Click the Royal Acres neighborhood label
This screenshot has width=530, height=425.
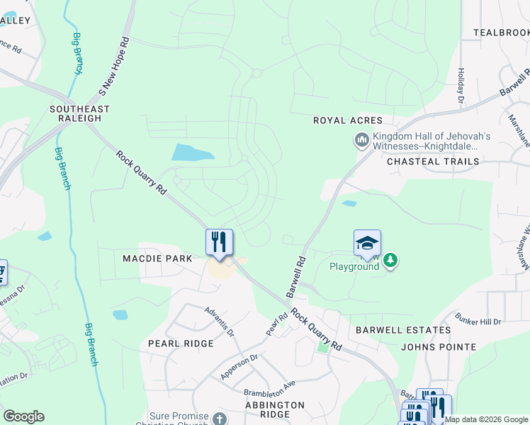pyautogui.click(x=348, y=120)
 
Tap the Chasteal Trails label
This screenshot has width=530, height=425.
pyautogui.click(x=433, y=161)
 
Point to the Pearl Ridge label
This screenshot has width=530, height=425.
pyautogui.click(x=181, y=344)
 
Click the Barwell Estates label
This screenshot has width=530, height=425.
pyautogui.click(x=403, y=330)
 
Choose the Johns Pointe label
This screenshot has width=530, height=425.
pyautogui.click(x=439, y=347)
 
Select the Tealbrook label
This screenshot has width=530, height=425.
pyautogui.click(x=501, y=33)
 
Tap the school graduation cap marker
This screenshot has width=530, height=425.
pyautogui.click(x=367, y=243)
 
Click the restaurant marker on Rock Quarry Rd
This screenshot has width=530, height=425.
pyautogui.click(x=219, y=242)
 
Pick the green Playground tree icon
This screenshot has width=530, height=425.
pyautogui.click(x=390, y=261)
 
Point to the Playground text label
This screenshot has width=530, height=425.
pyautogui.click(x=354, y=266)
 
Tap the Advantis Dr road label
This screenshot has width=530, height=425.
pyautogui.click(x=219, y=320)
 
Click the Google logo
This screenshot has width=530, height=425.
pyautogui.click(x=23, y=416)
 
